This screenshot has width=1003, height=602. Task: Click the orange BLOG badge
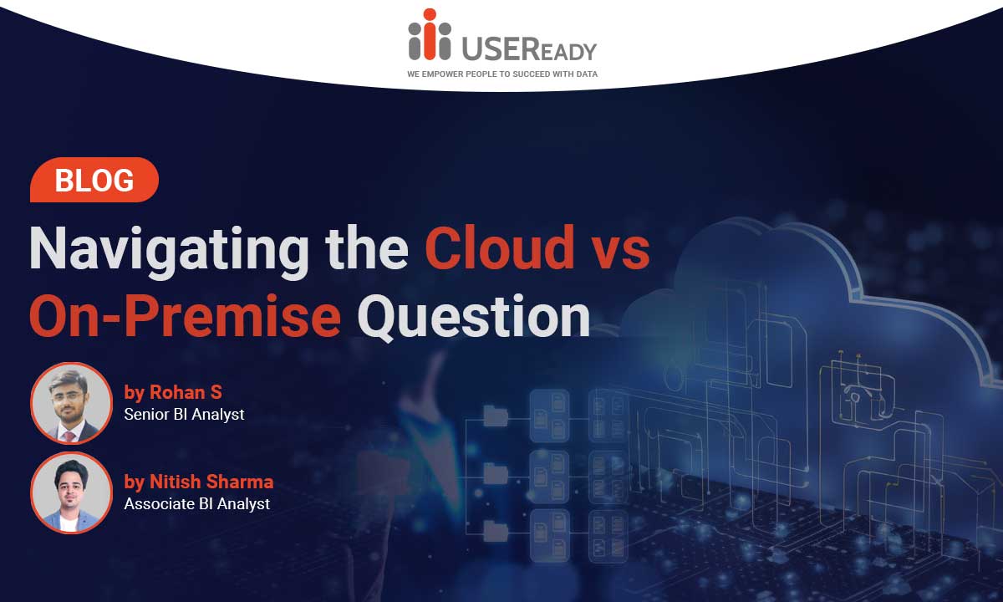tap(94, 180)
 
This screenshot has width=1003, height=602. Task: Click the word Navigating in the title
tap(169, 252)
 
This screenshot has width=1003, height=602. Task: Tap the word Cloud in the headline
tap(499, 247)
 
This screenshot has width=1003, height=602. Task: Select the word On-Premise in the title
tap(186, 316)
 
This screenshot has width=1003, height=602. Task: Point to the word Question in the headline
tap(474, 318)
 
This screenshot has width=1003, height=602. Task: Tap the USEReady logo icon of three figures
tap(430, 34)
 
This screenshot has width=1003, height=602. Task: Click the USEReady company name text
tap(529, 48)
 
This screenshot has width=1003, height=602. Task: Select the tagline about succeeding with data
tap(502, 74)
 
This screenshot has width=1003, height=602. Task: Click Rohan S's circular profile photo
tap(71, 403)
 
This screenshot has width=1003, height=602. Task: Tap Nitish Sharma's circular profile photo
tap(71, 492)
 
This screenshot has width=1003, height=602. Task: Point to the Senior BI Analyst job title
tap(184, 415)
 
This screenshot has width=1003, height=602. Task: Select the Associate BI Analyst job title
tap(197, 504)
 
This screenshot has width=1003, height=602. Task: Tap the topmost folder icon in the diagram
tap(496, 416)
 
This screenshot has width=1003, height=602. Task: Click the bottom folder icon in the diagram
tap(496, 531)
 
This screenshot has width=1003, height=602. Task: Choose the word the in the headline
tap(367, 247)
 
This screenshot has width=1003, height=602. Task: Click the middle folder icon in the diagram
tap(496, 473)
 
